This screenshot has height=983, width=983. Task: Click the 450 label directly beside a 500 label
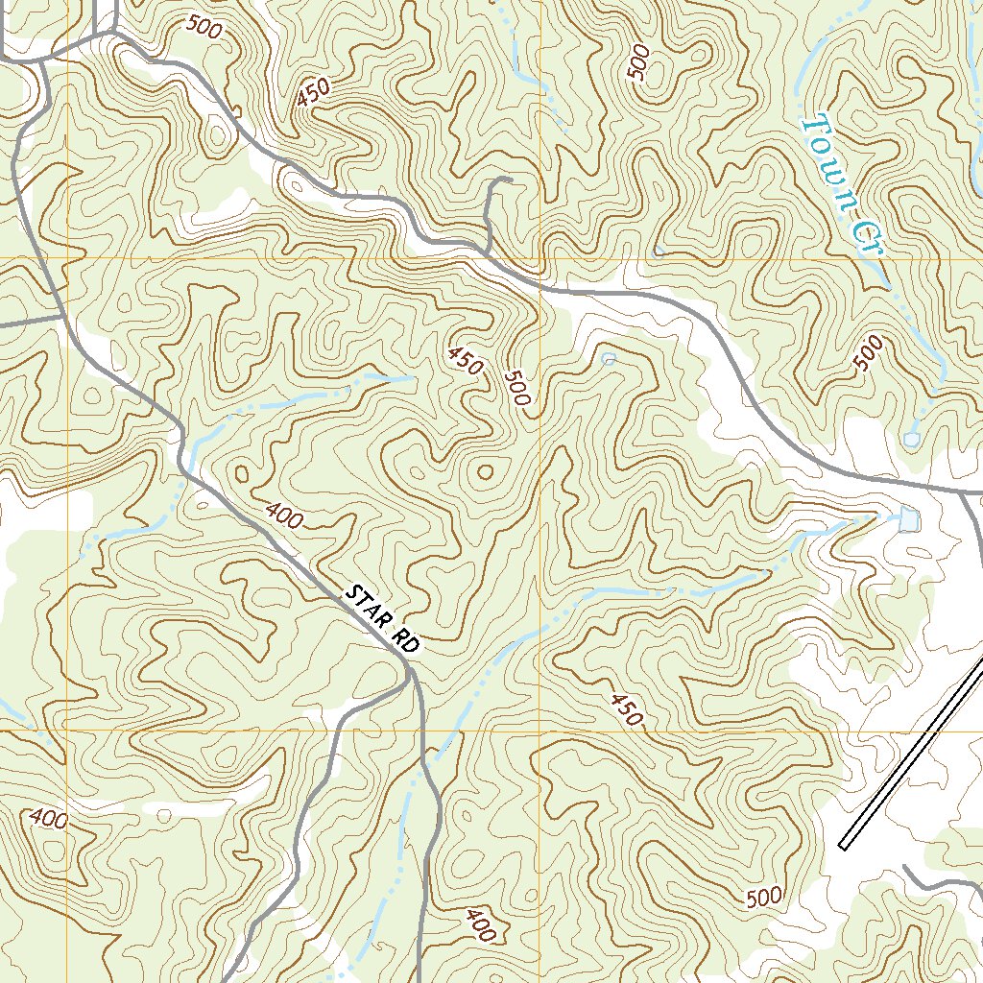pyautogui.click(x=465, y=360)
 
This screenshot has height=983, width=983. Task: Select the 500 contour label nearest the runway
pyautogui.click(x=763, y=898)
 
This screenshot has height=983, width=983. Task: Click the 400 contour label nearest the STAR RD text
pyautogui.click(x=284, y=516)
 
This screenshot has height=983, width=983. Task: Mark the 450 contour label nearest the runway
pyautogui.click(x=624, y=708)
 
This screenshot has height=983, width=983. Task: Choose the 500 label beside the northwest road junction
pyautogui.click(x=204, y=29)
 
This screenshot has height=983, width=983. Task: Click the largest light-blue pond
pyautogui.click(x=908, y=519)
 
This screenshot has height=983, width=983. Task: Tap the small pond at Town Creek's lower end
pyautogui.click(x=910, y=440)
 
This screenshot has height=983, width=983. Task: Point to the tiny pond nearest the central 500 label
pyautogui.click(x=608, y=359)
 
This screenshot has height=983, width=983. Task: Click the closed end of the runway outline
pyautogui.click(x=843, y=846)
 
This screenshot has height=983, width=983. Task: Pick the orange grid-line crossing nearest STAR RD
pyautogui.click(x=539, y=731)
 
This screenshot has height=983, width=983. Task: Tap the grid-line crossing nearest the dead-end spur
pyautogui.click(x=539, y=259)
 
